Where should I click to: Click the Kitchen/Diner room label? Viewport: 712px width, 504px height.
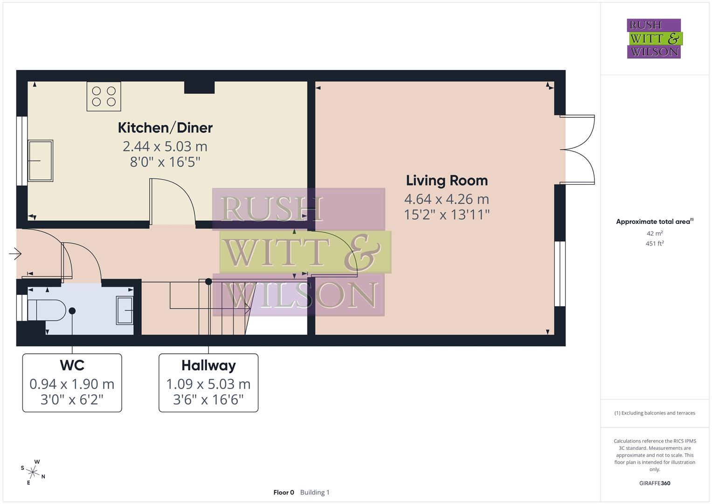coord(165,127)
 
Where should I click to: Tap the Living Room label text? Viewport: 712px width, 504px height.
coord(447,181)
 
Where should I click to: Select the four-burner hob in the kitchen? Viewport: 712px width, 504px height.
coord(104,96)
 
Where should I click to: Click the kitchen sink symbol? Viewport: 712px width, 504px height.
coord(41,161)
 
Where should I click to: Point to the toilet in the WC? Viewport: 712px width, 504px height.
coord(47,310)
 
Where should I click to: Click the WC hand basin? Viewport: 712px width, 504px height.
coord(125,310)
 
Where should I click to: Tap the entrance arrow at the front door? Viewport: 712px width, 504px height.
coord(15,254)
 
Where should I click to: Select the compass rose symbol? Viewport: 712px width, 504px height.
coord(33,471)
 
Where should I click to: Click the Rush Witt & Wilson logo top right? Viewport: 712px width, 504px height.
coord(654,39)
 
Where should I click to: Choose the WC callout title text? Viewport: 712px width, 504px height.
coord(72,365)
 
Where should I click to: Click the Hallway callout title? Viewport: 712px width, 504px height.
coord(208,365)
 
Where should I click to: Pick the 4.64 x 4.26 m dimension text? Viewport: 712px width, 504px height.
coord(446,199)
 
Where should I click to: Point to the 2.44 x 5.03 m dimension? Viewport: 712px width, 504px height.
coord(165,147)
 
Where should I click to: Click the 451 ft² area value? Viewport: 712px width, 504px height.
coord(655,243)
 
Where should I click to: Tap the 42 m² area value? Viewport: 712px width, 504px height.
coord(655,233)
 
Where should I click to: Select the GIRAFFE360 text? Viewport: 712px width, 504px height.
coord(655,483)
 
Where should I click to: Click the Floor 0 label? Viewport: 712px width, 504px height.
coord(283,492)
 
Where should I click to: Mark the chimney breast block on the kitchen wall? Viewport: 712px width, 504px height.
coord(199,87)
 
